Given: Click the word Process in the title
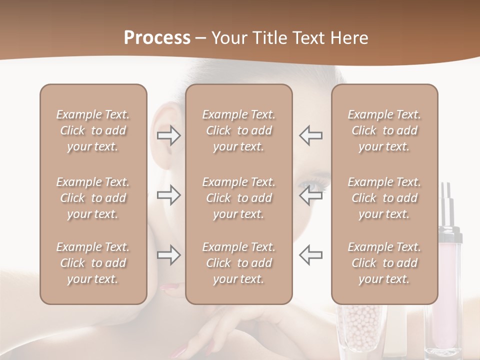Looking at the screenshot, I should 157,38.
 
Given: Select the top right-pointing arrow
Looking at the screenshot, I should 169,135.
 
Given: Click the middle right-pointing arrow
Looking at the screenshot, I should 169,195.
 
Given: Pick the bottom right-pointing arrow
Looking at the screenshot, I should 169,255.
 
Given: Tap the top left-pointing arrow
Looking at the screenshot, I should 311,135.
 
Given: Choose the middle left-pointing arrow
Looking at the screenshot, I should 311,195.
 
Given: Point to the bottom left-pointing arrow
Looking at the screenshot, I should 311,255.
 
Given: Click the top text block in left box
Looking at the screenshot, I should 93,130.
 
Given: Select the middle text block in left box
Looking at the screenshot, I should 93,198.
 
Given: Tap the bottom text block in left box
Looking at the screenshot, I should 93,263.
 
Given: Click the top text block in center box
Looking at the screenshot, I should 239,130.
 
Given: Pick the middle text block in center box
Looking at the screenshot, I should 239,198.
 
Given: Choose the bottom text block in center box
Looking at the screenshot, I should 239,263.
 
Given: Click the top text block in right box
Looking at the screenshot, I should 384,130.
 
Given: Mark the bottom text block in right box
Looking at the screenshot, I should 384,263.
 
